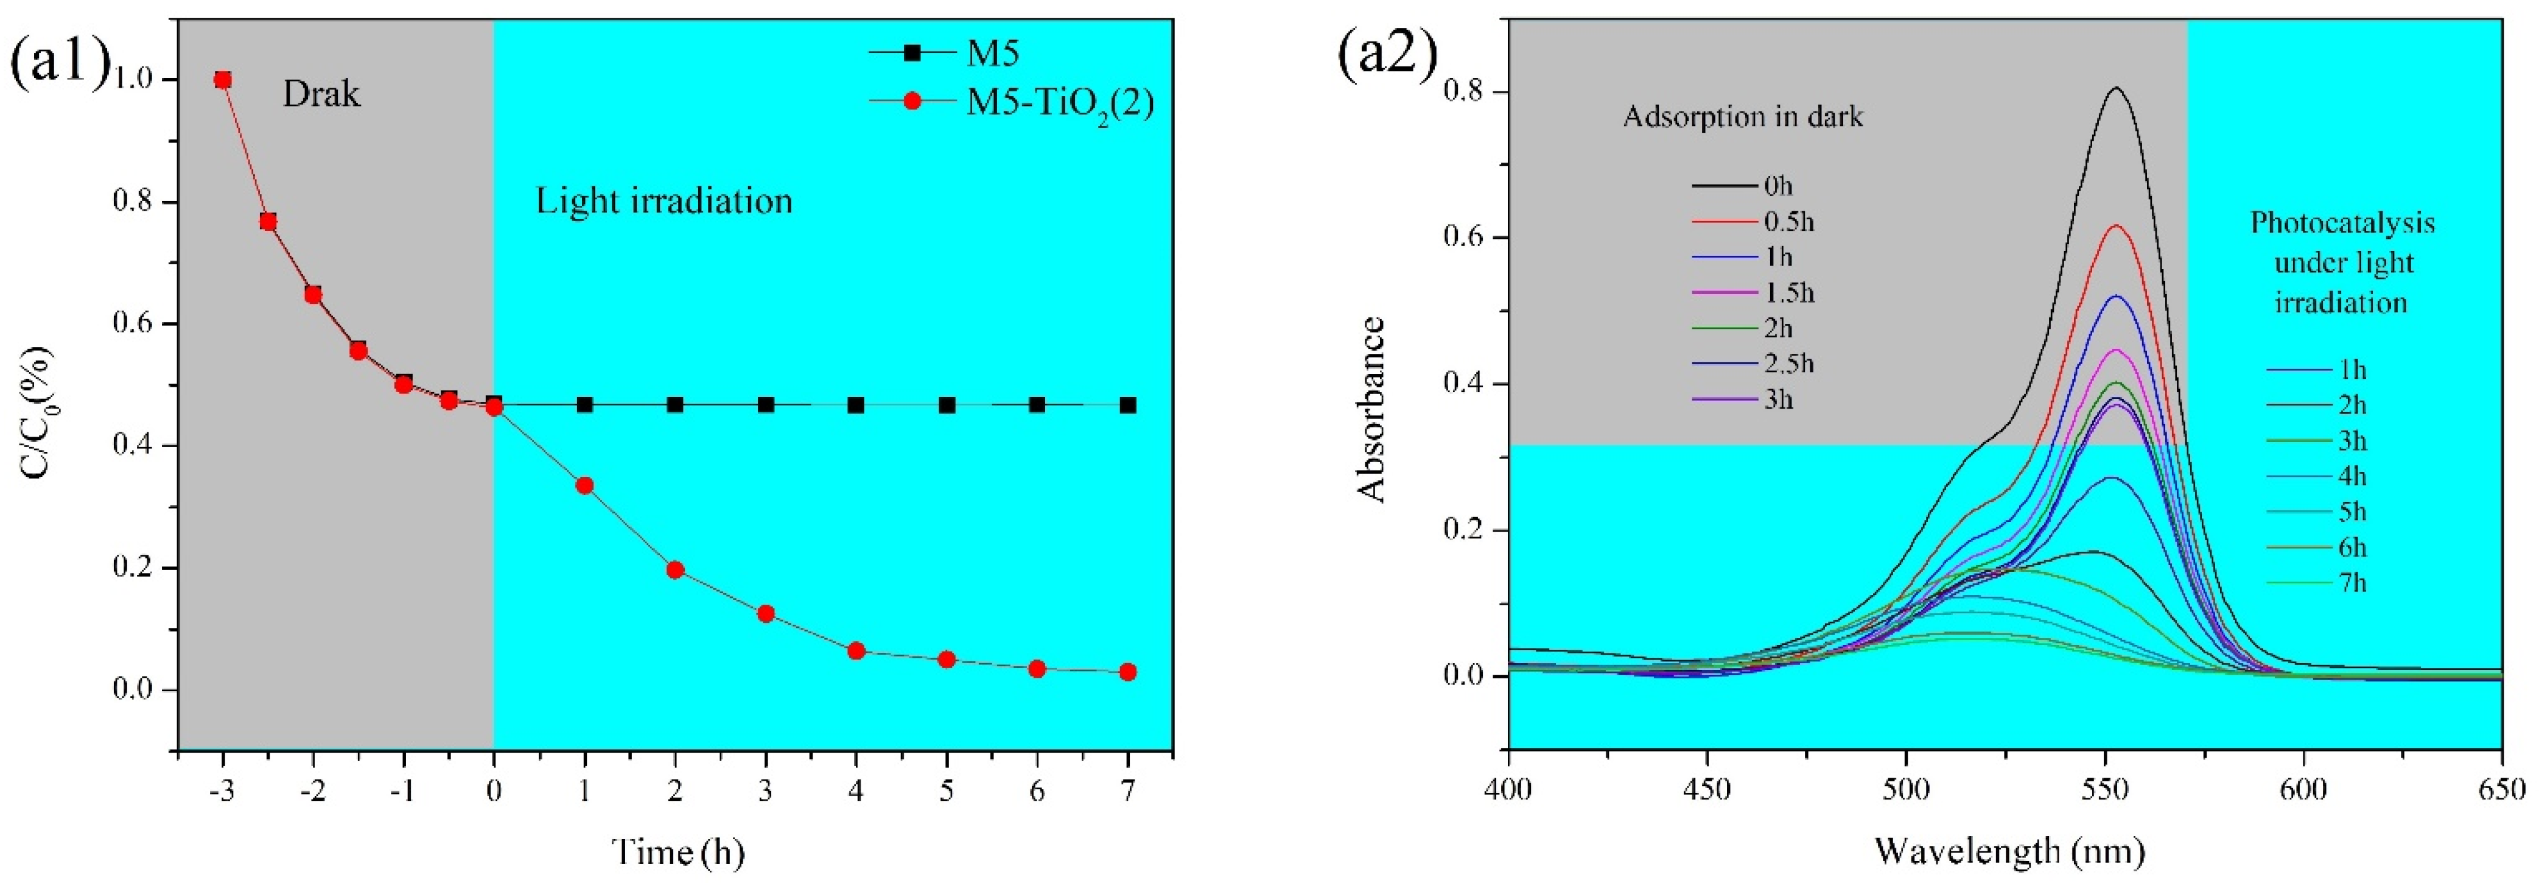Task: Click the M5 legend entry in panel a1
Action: (990, 52)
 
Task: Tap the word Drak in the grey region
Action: (321, 94)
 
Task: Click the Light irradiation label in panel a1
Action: (664, 201)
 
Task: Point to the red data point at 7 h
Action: (1127, 672)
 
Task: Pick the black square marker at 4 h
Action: (855, 405)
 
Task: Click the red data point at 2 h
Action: (675, 569)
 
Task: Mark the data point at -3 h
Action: (223, 80)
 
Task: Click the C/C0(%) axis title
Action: (38, 414)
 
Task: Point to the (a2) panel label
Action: (1387, 56)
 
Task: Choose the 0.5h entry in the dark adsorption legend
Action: (1788, 222)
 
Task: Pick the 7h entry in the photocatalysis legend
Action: (2352, 582)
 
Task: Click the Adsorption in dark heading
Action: (1743, 118)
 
